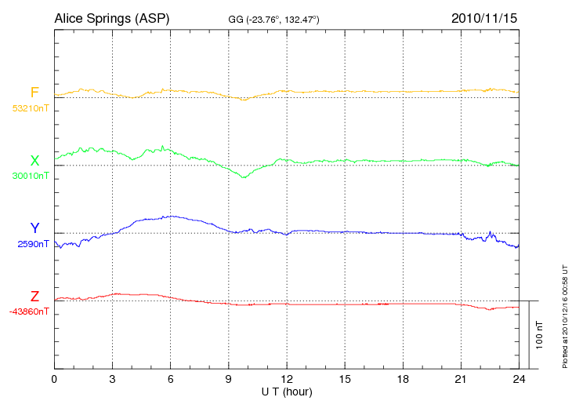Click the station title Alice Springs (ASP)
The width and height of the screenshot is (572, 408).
111,17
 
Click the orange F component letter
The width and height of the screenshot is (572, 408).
34,93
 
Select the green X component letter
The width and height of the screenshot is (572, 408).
34,161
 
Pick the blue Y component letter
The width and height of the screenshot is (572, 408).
34,228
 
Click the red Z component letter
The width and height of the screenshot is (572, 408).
34,297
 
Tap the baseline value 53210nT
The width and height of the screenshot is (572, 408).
30,107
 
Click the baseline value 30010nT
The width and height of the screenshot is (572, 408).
30,176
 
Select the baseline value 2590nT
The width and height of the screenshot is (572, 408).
33,244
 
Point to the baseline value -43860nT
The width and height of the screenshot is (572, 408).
30,311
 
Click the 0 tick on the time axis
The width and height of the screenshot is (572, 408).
54,378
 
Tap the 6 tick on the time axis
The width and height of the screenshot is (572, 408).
171,378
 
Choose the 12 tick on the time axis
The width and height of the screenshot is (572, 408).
287,378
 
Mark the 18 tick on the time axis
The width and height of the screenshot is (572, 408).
403,378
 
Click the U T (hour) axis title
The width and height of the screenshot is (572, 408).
287,391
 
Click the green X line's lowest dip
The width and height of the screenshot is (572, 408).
244,177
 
